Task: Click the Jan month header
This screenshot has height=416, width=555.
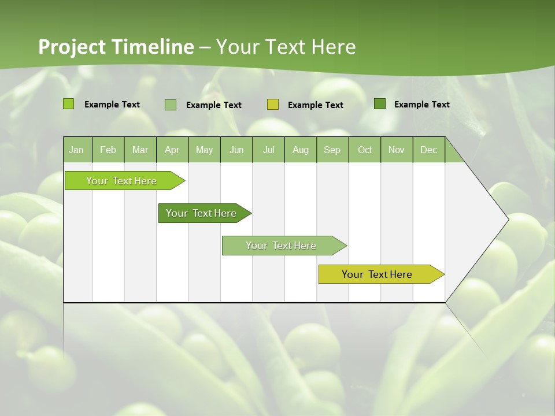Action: click(x=76, y=150)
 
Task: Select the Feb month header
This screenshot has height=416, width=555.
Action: click(x=108, y=150)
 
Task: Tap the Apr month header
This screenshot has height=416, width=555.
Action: click(x=172, y=150)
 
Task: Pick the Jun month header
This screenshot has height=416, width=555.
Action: click(x=236, y=150)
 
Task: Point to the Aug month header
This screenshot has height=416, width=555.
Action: click(x=301, y=150)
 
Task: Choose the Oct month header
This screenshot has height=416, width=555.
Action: click(x=365, y=150)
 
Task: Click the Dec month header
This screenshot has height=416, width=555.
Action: click(x=429, y=150)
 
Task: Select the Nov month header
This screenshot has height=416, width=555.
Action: click(x=397, y=150)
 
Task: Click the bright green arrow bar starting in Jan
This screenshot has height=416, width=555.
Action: click(x=121, y=181)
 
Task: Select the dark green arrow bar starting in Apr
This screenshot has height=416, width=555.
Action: click(x=201, y=213)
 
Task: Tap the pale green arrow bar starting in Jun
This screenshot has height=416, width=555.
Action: click(x=281, y=246)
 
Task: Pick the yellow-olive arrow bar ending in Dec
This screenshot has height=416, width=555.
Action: click(x=377, y=274)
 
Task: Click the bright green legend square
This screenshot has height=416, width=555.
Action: click(x=69, y=104)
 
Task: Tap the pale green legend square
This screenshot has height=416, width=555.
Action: click(x=171, y=105)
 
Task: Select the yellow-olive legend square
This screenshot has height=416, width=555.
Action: click(x=273, y=105)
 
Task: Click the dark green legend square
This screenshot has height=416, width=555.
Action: click(x=380, y=104)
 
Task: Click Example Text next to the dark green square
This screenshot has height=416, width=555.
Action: click(x=421, y=105)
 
